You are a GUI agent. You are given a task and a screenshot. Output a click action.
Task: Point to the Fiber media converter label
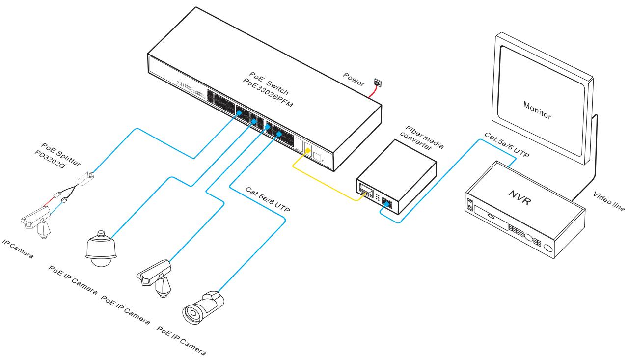420,139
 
